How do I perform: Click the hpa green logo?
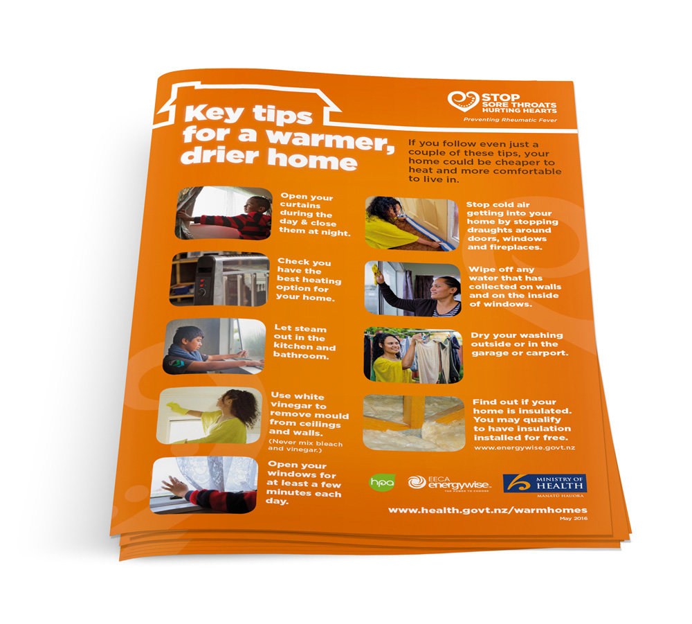pos(382,482)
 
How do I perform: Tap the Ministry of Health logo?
pos(545,485)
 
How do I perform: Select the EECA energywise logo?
pos(449,483)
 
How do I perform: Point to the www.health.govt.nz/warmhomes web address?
pos(488,510)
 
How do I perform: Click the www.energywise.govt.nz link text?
pos(525,447)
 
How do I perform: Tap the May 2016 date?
pos(574,518)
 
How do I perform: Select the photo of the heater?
pos(219,280)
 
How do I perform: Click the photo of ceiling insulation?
pos(414,422)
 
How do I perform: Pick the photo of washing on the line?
pos(414,355)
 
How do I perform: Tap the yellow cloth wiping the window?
pos(376,274)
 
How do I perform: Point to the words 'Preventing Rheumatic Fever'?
pos(510,120)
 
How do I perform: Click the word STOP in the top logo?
pos(500,98)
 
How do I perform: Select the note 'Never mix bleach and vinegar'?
pos(305,446)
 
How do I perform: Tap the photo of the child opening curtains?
pos(224,213)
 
